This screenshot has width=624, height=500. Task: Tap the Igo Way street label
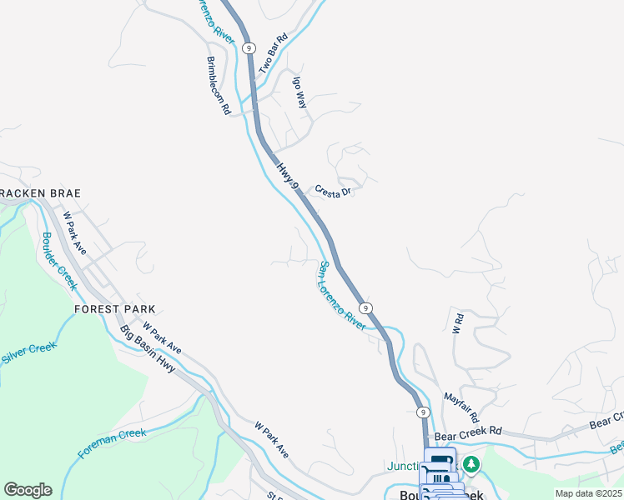299,92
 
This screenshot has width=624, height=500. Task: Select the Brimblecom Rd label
218,86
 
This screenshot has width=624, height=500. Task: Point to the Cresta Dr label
335,192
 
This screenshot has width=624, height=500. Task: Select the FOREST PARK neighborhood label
108,308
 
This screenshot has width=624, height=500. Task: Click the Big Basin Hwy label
148,348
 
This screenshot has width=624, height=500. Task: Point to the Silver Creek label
28,355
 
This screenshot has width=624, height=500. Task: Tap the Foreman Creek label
112,443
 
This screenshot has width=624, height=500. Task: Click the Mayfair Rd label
461,407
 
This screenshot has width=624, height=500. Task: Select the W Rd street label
457,323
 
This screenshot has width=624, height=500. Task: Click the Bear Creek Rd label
468,432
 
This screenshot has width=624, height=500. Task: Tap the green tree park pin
472,464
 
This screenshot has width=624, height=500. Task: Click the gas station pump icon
440,460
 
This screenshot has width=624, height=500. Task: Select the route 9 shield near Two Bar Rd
249,48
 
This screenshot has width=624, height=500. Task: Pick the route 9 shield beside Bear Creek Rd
424,412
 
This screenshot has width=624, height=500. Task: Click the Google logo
28,490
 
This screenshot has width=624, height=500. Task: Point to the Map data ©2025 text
588,493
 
